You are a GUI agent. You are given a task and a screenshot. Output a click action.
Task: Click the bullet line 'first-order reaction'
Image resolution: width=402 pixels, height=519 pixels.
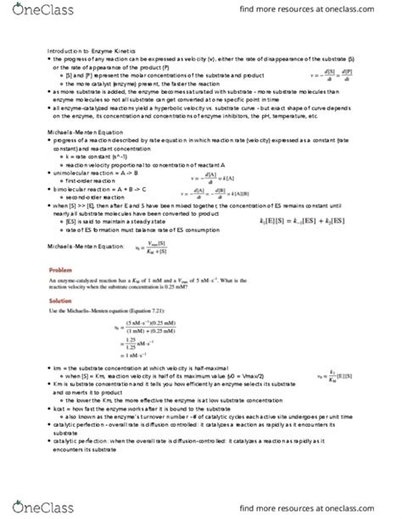[x=92, y=179]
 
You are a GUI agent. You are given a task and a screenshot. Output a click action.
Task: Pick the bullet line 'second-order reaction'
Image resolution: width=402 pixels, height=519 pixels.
[x=96, y=194]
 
